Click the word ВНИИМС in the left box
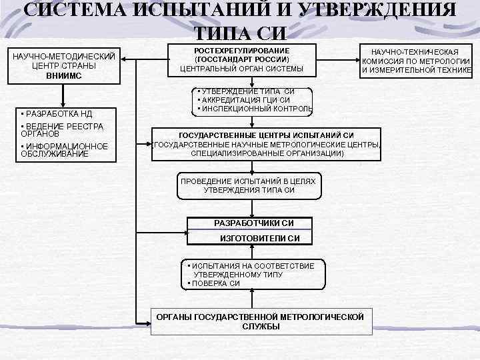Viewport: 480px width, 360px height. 64,75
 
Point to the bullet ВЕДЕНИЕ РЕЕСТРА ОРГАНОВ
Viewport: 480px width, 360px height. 60,129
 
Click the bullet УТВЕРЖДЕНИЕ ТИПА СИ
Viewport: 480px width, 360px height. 247,91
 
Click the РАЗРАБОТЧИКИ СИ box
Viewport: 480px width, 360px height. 253,223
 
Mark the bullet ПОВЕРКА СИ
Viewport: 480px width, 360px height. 215,283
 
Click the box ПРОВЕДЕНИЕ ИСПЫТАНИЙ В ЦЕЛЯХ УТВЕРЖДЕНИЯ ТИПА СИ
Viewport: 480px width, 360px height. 249,185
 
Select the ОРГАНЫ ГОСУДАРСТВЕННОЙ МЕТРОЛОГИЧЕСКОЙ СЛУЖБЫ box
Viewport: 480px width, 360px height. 261,320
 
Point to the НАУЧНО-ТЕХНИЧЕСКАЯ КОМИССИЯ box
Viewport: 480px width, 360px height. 415,61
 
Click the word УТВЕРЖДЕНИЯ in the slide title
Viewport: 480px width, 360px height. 373,10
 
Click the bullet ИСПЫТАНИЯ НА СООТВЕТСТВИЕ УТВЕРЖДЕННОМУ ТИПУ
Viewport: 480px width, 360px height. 251,269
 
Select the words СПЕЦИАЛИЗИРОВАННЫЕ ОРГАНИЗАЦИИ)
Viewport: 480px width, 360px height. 267,153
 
